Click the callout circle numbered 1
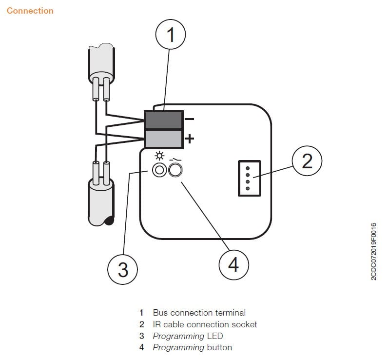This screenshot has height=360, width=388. tap(170, 36)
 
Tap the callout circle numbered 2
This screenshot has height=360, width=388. tap(307, 161)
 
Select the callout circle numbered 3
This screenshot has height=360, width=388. tap(123, 269)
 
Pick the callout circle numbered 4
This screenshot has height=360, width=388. tap(233, 265)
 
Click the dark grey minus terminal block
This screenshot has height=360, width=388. tap(163, 120)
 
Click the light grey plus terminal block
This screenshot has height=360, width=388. tap(163, 139)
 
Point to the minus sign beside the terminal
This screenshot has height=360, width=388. tap(190, 119)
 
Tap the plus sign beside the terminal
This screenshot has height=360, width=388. tap(190, 139)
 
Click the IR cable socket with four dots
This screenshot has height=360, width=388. tap(247, 178)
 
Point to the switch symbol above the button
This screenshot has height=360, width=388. tap(174, 158)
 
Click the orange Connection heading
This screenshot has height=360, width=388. tap(30, 10)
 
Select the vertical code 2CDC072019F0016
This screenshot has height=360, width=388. tap(374, 251)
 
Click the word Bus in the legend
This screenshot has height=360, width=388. tap(160, 313)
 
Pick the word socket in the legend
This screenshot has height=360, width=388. tap(245, 324)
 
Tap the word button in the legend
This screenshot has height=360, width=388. tap(219, 347)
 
